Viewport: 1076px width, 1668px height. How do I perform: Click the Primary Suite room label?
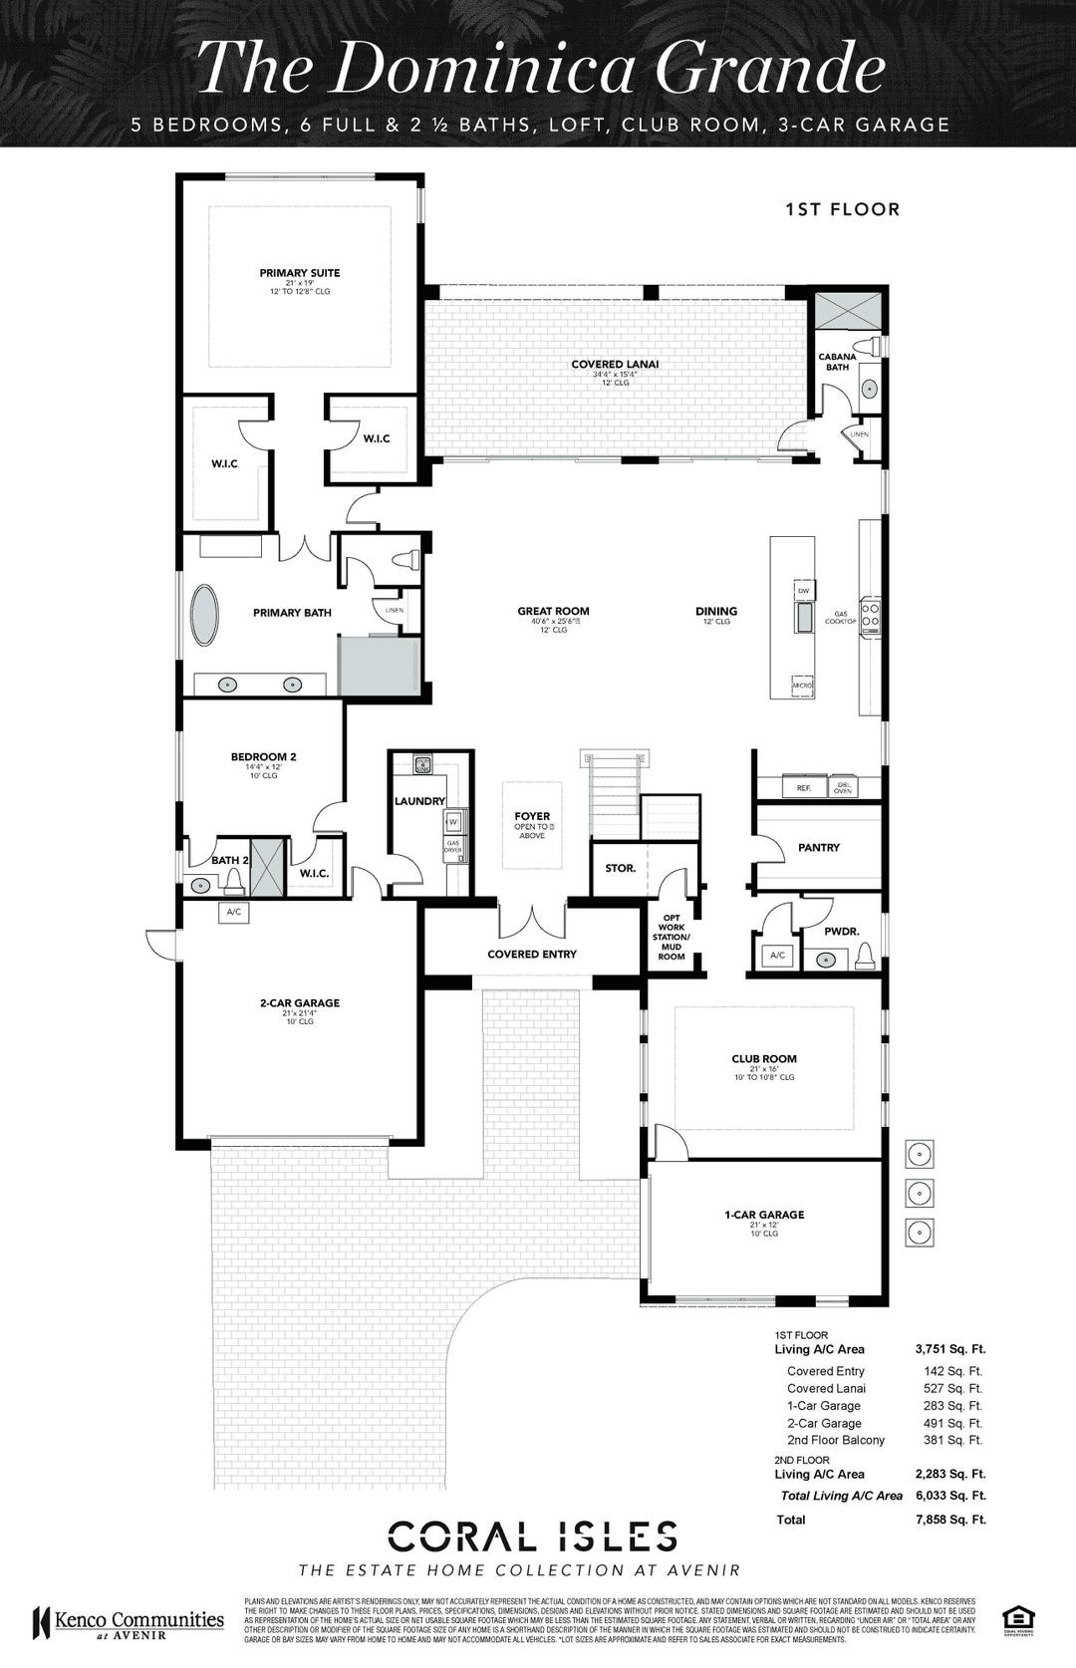(300, 273)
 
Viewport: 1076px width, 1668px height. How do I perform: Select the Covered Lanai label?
(615, 365)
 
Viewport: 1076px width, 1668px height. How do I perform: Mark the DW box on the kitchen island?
(803, 590)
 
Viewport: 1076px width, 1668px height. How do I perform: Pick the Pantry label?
(819, 848)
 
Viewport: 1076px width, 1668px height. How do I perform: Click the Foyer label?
(532, 817)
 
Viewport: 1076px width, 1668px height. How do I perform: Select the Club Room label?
(764, 1059)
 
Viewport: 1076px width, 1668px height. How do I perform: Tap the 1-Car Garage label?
(764, 1215)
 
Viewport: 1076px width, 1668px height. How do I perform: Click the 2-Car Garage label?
(300, 1003)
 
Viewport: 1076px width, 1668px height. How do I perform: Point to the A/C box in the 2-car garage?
(234, 912)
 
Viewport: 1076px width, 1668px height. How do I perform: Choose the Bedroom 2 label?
(263, 757)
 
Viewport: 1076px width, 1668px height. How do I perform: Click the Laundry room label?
(419, 801)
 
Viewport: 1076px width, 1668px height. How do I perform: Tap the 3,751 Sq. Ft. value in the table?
(949, 1349)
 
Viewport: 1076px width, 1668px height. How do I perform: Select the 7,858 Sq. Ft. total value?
(949, 1520)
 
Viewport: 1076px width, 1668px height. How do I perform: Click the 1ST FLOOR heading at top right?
(842, 209)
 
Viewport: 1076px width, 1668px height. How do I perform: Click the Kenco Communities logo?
(130, 1622)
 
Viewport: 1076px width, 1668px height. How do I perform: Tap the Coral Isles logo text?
(533, 1536)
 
